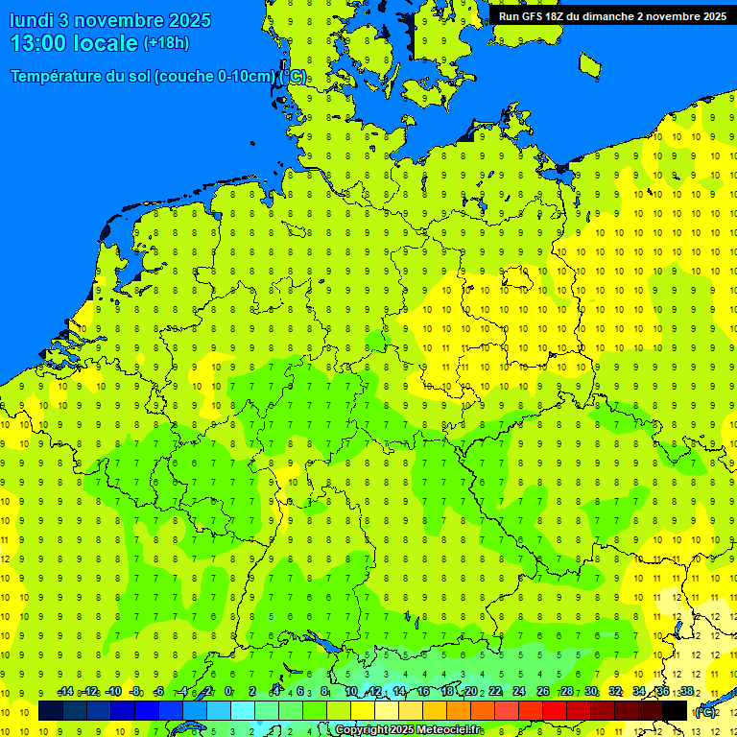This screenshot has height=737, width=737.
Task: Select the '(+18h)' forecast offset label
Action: click(x=166, y=43)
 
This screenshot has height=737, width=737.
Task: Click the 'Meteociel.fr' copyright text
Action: click(x=437, y=730)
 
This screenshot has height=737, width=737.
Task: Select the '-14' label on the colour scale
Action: click(x=65, y=692)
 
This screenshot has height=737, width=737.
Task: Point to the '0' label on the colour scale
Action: click(x=228, y=692)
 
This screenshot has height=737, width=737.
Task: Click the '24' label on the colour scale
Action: click(x=519, y=692)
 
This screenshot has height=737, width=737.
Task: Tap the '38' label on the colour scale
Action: click(x=687, y=692)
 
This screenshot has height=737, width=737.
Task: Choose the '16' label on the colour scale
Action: click(x=423, y=692)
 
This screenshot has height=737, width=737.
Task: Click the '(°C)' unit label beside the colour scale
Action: click(x=705, y=712)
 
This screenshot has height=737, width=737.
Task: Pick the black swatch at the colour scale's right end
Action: click(x=675, y=711)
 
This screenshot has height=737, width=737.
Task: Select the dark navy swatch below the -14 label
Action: click(x=51, y=711)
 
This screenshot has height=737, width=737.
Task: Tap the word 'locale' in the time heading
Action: click(x=109, y=43)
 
